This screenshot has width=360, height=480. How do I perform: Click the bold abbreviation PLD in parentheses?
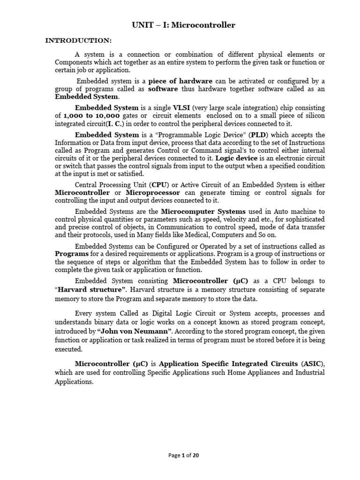point(241,135)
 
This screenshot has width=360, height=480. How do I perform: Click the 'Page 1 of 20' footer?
point(180,455)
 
